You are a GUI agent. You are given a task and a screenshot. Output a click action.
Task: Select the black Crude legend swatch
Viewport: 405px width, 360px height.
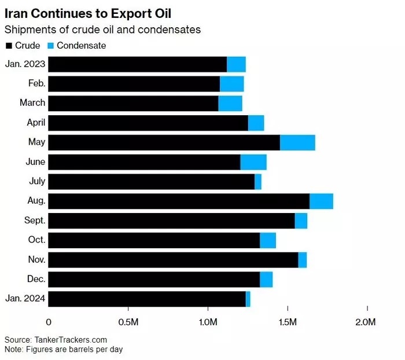pos(8,45)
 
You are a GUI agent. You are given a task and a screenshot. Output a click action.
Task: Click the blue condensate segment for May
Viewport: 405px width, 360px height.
pos(297,142)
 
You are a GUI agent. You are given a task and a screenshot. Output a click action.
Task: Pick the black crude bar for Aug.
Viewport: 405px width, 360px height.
pos(179,201)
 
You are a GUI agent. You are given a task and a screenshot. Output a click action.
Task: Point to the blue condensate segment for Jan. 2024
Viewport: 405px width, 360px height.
pos(248,299)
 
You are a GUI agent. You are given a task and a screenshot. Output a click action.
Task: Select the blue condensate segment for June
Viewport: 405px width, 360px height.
pos(253,162)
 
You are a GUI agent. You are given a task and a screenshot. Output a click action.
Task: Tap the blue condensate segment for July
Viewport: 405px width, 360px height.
pos(258,181)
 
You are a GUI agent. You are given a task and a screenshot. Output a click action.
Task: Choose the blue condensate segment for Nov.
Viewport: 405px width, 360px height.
pos(303,260)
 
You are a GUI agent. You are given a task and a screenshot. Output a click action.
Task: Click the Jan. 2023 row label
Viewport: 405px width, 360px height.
pos(25,64)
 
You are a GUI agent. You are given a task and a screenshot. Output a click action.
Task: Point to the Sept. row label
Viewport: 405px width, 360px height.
pos(34,221)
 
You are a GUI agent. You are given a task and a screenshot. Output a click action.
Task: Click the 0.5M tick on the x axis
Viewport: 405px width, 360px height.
pos(127,322)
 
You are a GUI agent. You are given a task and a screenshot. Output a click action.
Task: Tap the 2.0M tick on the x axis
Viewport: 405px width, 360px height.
pos(366,322)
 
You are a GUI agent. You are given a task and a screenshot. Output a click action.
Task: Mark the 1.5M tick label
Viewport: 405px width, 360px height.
pos(287,322)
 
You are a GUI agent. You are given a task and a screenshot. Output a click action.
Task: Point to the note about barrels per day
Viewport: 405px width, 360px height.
pos(63,350)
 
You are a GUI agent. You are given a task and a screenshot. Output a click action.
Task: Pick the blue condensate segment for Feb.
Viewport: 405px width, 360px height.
pos(232,84)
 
